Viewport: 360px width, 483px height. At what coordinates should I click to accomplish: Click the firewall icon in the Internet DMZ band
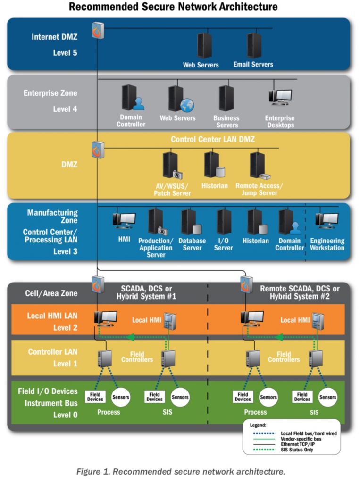(98, 30)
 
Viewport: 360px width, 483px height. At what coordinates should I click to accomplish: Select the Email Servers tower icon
(254, 46)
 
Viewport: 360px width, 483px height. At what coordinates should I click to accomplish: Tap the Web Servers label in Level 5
(201, 65)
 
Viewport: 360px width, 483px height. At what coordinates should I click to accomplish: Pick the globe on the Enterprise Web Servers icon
(187, 105)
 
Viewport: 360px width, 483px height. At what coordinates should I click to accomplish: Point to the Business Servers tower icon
(226, 98)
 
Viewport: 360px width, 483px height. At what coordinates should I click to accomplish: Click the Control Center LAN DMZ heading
(213, 139)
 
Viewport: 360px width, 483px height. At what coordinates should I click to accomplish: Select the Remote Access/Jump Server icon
(260, 166)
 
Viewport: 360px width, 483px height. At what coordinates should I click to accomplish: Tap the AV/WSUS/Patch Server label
(172, 190)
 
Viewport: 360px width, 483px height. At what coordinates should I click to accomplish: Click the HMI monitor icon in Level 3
(124, 221)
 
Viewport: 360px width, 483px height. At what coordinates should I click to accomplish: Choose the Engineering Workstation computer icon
(327, 221)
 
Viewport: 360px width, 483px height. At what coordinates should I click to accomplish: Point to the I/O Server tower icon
(224, 222)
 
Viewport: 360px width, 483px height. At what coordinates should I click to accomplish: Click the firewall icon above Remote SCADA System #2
(246, 284)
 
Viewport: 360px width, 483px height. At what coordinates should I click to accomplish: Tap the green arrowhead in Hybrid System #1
(131, 337)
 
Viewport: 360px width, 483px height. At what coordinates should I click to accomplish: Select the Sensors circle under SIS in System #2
(327, 397)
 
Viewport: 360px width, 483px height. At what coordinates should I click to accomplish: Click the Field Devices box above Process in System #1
(95, 397)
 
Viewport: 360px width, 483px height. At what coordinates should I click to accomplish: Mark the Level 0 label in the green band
(65, 415)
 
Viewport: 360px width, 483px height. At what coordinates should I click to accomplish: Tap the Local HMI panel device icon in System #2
(318, 321)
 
